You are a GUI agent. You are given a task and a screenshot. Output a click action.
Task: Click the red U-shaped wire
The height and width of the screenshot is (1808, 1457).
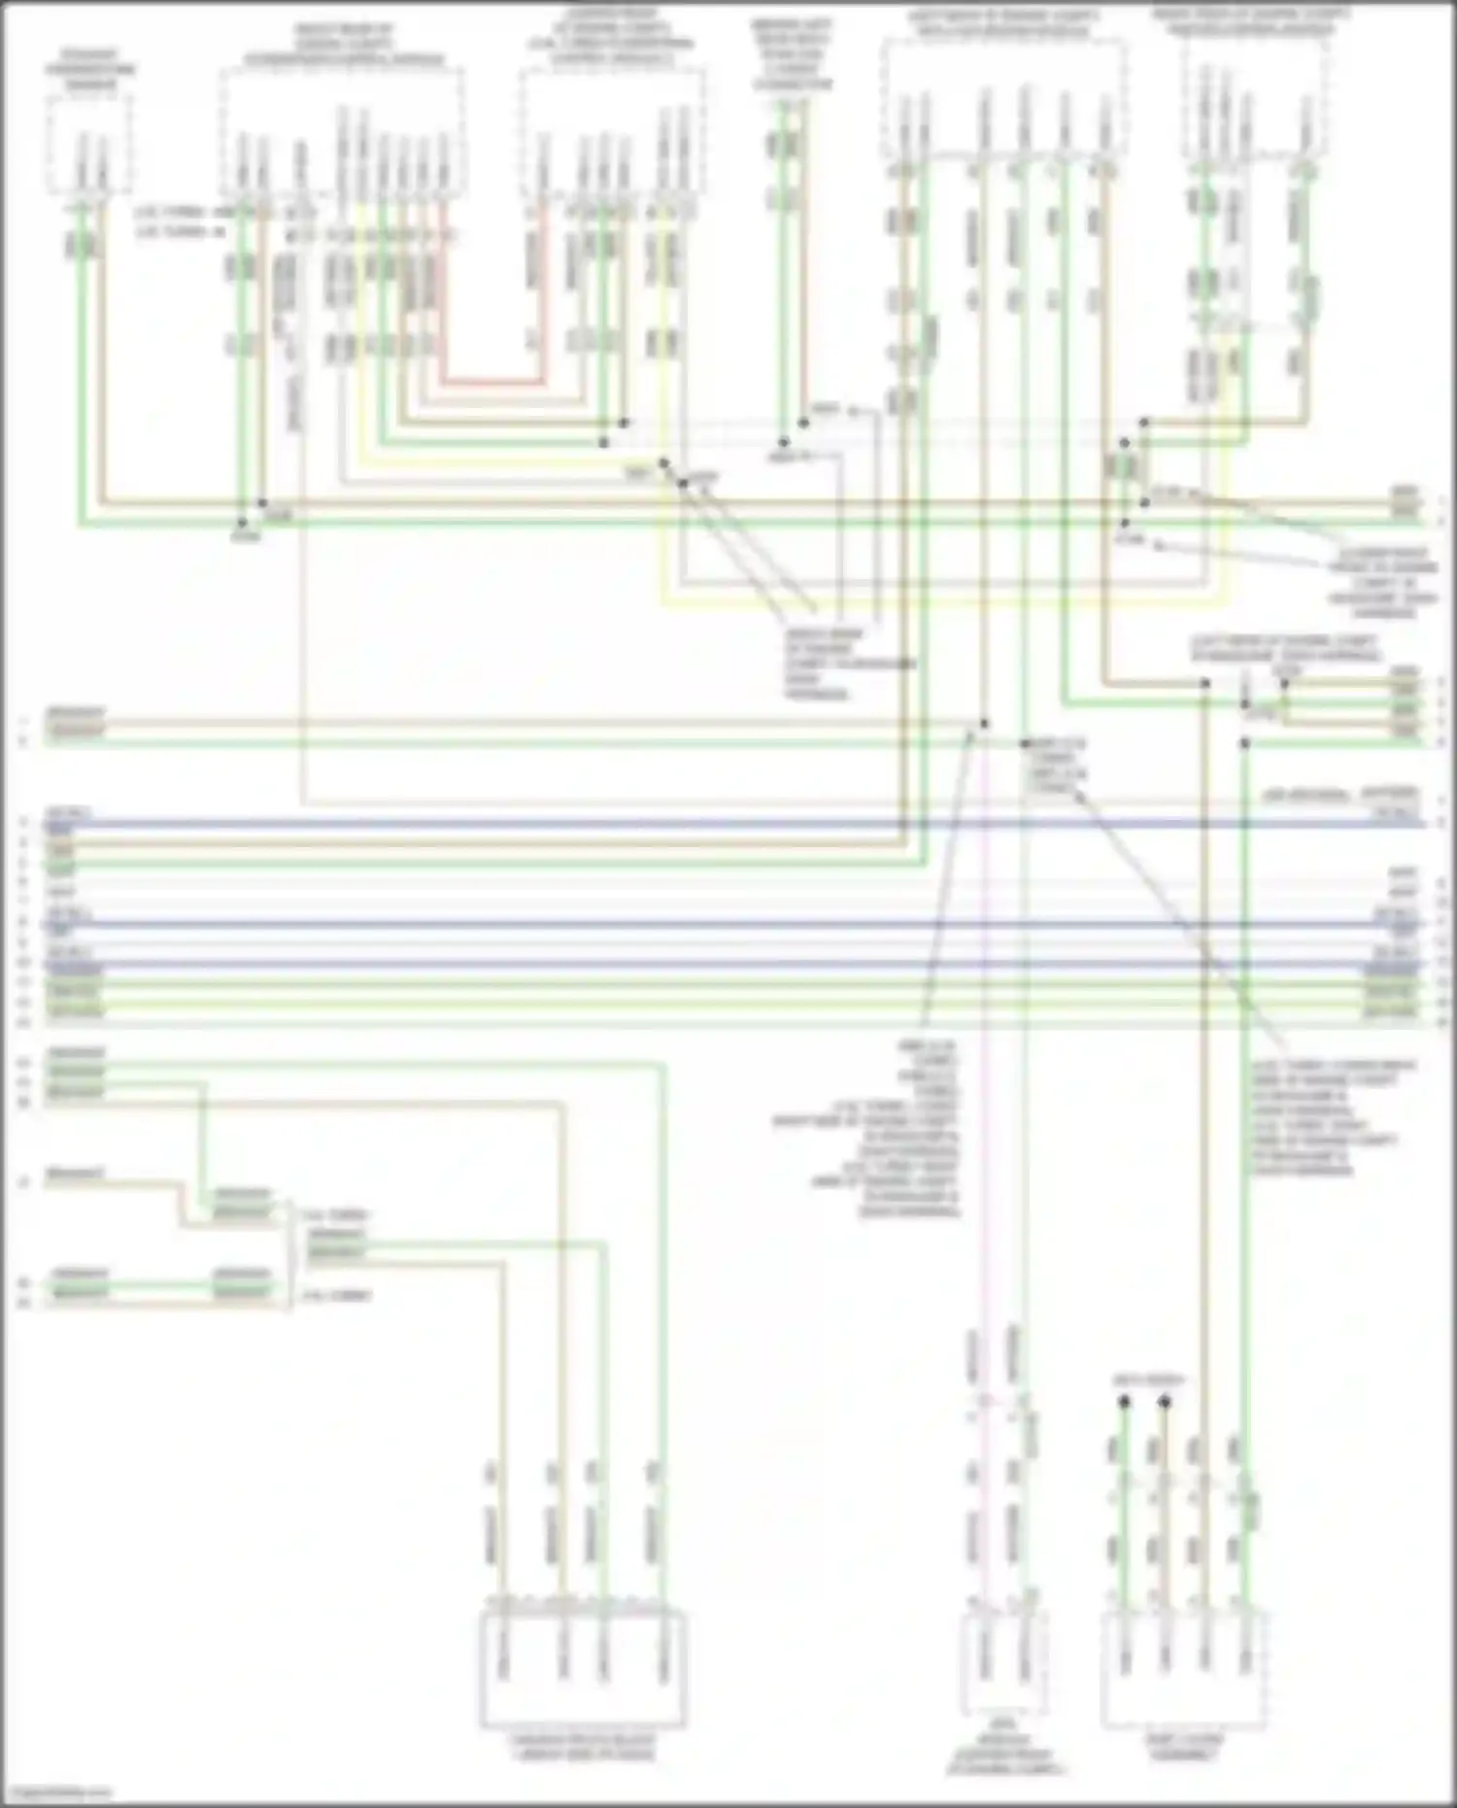[x=491, y=382]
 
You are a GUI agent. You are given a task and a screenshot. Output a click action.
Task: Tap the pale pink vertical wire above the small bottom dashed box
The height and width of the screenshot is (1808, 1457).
[x=983, y=1166]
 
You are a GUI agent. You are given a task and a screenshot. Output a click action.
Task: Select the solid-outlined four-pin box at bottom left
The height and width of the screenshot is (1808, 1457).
[x=583, y=1669]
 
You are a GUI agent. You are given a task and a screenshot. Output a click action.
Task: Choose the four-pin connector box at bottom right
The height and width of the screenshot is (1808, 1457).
[x=1184, y=1669]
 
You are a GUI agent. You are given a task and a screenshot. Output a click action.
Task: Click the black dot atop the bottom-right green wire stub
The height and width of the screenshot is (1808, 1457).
[x=1124, y=1402]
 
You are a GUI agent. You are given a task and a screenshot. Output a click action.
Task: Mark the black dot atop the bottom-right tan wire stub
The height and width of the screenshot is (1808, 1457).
[x=1165, y=1402]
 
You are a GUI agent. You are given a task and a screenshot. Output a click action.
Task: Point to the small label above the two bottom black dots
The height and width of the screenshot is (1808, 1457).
[x=1144, y=1380]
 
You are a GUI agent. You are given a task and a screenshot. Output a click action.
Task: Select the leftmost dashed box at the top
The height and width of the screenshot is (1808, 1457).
[x=88, y=146]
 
